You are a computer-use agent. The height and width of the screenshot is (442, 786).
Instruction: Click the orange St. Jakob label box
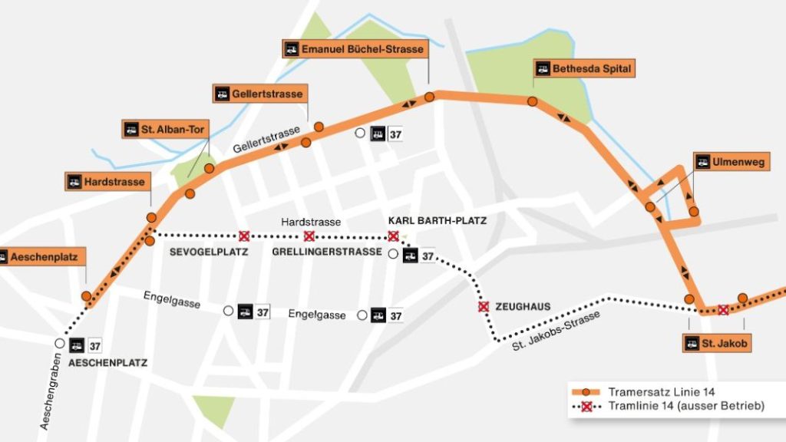point(717,342)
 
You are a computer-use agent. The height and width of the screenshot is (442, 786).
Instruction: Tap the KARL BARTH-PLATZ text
point(438,220)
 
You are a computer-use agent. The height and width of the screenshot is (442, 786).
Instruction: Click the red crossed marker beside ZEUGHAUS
point(484,307)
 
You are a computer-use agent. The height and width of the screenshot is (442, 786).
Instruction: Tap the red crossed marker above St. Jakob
point(722,310)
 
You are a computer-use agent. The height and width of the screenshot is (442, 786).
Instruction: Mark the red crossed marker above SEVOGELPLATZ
point(244,236)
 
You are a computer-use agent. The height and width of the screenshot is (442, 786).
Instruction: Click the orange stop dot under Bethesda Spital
point(532,101)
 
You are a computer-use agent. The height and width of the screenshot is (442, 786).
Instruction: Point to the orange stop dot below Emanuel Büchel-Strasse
point(430,97)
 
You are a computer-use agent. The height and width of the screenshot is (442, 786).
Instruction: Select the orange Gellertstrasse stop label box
point(259,94)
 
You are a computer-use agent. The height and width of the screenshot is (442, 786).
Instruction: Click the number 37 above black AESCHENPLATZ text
point(95,345)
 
